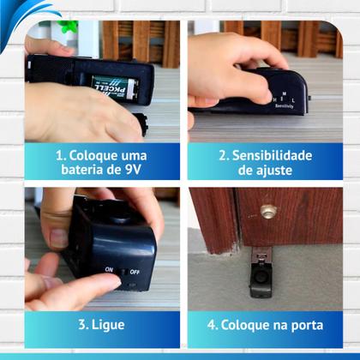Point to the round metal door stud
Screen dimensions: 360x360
coord(268,211)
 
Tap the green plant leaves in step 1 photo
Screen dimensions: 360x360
coord(68,27)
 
